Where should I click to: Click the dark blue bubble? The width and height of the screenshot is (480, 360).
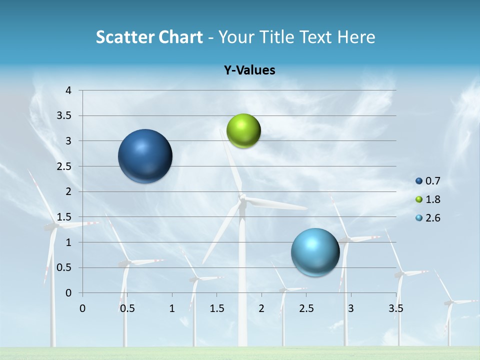[145, 156]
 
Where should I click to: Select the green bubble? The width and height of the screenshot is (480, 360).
[243, 131]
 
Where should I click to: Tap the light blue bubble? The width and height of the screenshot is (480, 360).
[315, 252]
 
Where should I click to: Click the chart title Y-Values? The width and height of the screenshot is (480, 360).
[249, 70]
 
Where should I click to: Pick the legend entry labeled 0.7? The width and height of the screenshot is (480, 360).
[427, 181]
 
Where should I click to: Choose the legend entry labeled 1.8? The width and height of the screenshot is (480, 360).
[427, 199]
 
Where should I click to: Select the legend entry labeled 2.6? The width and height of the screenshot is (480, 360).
[427, 218]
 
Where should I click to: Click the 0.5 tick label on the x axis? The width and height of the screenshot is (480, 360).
[127, 308]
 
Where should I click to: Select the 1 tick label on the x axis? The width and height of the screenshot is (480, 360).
[172, 308]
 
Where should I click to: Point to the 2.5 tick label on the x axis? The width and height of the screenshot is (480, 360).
[306, 308]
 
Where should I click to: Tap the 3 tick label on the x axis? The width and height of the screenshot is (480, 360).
[351, 308]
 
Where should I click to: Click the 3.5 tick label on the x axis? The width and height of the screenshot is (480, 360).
[395, 308]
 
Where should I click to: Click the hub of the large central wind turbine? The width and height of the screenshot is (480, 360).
[242, 198]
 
